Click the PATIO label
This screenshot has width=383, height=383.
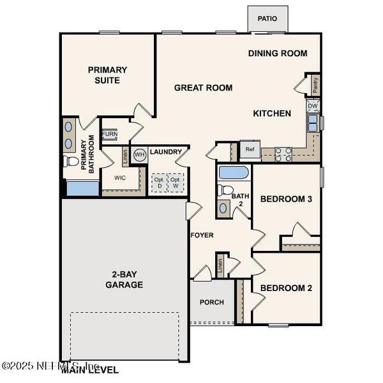pos(267,19)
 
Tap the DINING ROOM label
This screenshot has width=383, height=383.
pos(278,54)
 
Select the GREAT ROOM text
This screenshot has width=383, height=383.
pos(203,87)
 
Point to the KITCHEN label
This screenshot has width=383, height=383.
pos(272,113)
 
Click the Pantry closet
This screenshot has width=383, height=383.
pos(315,84)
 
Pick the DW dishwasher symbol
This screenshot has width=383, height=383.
pos(313,106)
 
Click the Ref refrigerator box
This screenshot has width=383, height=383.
pos(250,149)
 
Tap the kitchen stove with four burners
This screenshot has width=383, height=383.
pos(283,153)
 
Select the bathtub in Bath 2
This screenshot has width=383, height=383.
pos(234,172)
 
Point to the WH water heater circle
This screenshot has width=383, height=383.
pos(139,154)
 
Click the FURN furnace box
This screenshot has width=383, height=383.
pos(110,134)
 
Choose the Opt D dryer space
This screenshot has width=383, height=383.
pos(158,183)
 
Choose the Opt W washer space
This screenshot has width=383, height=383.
pos(175,183)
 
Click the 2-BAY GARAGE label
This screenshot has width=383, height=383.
pos(124,279)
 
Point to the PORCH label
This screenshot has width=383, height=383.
pos(211,302)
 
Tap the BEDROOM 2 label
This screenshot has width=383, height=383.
pos(286,288)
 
